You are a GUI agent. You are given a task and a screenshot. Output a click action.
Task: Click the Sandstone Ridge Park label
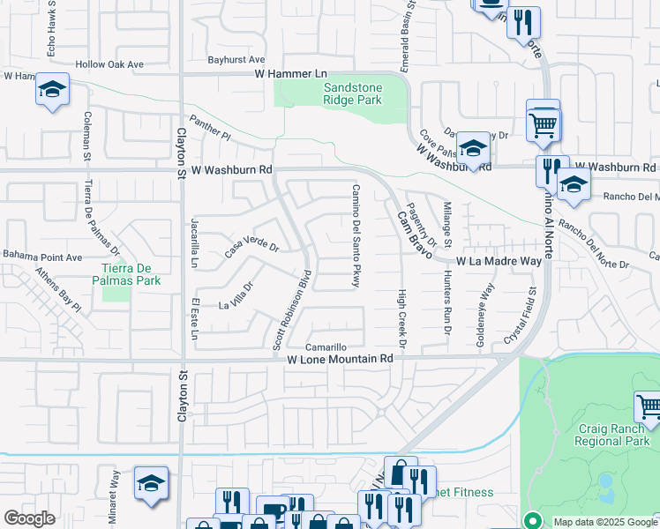pos(352,93)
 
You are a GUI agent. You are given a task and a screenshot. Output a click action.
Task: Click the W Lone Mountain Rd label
pos(340,360)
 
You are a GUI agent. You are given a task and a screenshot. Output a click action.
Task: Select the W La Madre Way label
pos(499,262)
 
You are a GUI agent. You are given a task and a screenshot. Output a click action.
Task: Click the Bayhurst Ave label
pos(236,60)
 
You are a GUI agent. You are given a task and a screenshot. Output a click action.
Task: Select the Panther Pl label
pos(209,131)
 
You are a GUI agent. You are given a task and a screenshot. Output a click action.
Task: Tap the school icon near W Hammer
pos(52,90)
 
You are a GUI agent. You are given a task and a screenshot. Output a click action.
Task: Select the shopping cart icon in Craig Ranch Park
pos(649,406)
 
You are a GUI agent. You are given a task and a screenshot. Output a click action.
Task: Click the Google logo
pos(29,518)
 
